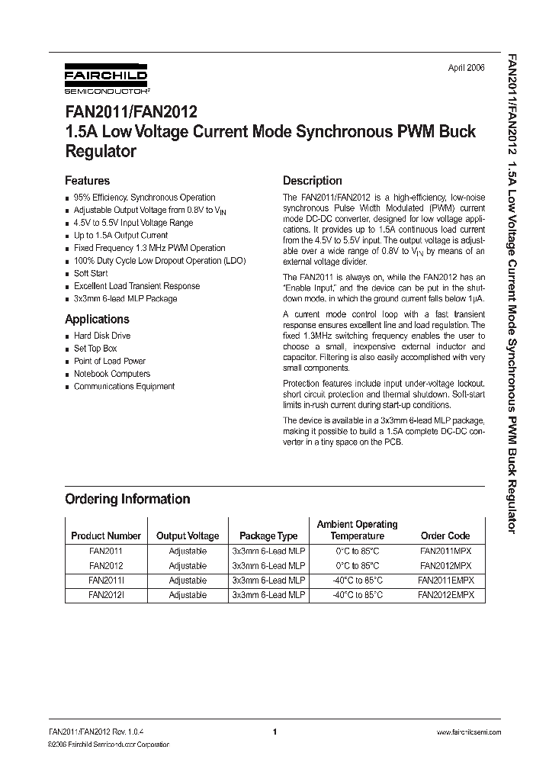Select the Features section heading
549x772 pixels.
pos(87,181)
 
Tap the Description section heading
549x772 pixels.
pos(312,181)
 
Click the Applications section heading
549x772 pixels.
pos(97,319)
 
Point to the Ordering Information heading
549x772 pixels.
pos(127,499)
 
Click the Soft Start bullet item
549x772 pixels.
pos(91,273)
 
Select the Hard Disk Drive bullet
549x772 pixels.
pos(102,336)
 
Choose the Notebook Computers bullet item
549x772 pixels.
pos(111,374)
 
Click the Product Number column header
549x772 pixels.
pos(106,536)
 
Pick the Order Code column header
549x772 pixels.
pos(445,536)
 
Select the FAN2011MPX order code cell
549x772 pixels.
pos(446,551)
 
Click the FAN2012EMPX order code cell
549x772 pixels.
pos(446,595)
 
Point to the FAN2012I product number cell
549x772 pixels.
pos(106,595)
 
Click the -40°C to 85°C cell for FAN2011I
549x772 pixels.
pos(357,581)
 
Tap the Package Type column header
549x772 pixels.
pos(268,536)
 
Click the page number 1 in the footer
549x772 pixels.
pos(274,732)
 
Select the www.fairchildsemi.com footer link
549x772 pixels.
pos(468,732)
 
